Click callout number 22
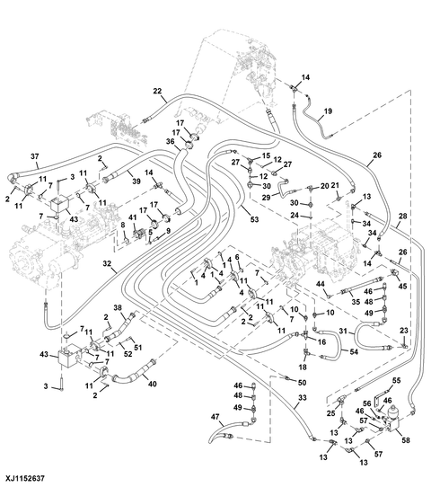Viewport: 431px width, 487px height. (x=157, y=91)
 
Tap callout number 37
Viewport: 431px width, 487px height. (x=35, y=156)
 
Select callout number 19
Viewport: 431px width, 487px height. (x=328, y=111)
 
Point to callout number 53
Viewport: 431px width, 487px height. (x=254, y=219)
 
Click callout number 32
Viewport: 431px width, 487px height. (x=107, y=263)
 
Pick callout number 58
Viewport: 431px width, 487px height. (x=406, y=440)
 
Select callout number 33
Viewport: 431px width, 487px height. (x=303, y=398)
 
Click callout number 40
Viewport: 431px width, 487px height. (x=152, y=385)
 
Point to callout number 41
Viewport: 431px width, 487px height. (x=133, y=217)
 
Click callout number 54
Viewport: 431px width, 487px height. (x=354, y=351)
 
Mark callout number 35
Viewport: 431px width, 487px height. (x=356, y=302)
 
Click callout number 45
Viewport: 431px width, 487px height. (x=402, y=286)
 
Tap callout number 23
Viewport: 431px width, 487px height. (x=404, y=331)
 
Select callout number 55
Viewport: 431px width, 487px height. (x=397, y=380)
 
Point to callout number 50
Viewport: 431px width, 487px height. (x=302, y=383)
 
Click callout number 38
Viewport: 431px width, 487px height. (x=118, y=308)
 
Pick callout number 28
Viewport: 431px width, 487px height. (x=402, y=216)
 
